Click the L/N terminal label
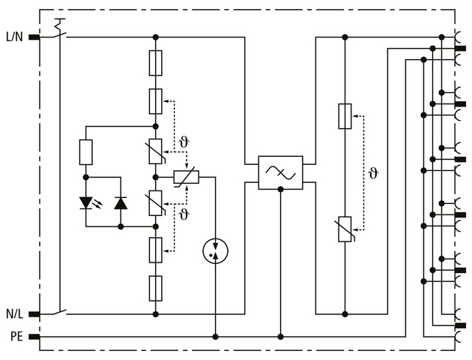pos(13,36)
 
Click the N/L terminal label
pos(13,313)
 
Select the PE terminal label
pos(16,337)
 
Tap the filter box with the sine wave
pos(280,172)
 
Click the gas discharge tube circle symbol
pos(216,251)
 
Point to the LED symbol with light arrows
pos(86,202)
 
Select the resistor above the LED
pos(86,152)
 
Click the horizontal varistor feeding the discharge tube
pos(185,177)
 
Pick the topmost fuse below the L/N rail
pos(156,63)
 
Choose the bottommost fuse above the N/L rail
pos(156,287)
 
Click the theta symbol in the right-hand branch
pos(373,173)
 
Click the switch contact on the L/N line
pos(59,31)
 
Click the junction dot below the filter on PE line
pos(280,337)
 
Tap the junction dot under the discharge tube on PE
pos(216,337)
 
